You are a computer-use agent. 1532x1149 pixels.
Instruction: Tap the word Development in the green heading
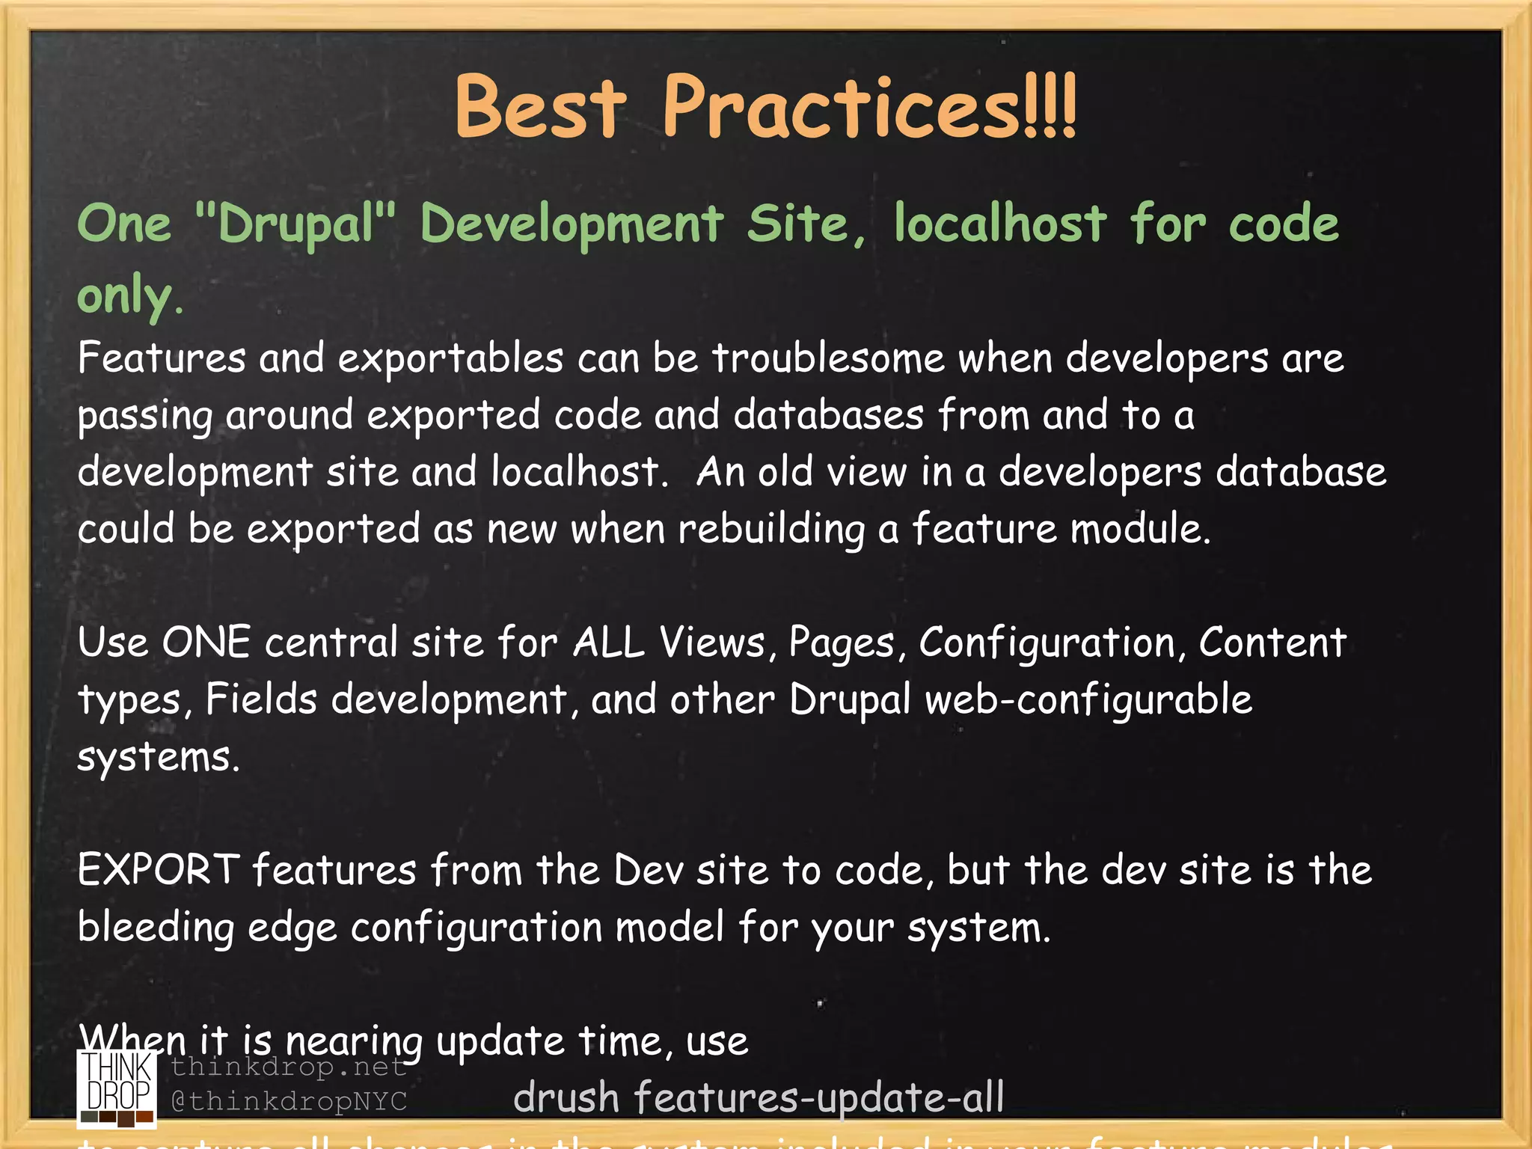(572, 224)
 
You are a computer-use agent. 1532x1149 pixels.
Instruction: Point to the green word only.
(129, 295)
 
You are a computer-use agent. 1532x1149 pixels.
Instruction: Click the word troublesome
(828, 358)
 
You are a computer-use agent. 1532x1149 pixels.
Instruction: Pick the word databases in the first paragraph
(828, 415)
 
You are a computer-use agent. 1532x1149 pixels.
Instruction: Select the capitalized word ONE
(206, 643)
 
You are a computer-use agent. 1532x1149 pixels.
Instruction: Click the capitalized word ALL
(609, 643)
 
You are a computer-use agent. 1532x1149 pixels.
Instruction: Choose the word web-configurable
(1088, 700)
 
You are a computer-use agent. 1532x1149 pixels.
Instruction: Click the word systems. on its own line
(159, 757)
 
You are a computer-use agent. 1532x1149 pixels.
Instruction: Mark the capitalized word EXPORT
(159, 870)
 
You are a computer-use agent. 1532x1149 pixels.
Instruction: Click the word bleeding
(156, 928)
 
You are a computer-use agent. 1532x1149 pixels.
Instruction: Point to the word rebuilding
(771, 530)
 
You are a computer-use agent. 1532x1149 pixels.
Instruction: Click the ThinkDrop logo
(117, 1088)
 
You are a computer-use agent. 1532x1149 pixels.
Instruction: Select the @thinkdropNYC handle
(289, 1101)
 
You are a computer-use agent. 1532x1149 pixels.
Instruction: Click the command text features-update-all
(819, 1098)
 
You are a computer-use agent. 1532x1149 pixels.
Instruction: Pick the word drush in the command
(566, 1098)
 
